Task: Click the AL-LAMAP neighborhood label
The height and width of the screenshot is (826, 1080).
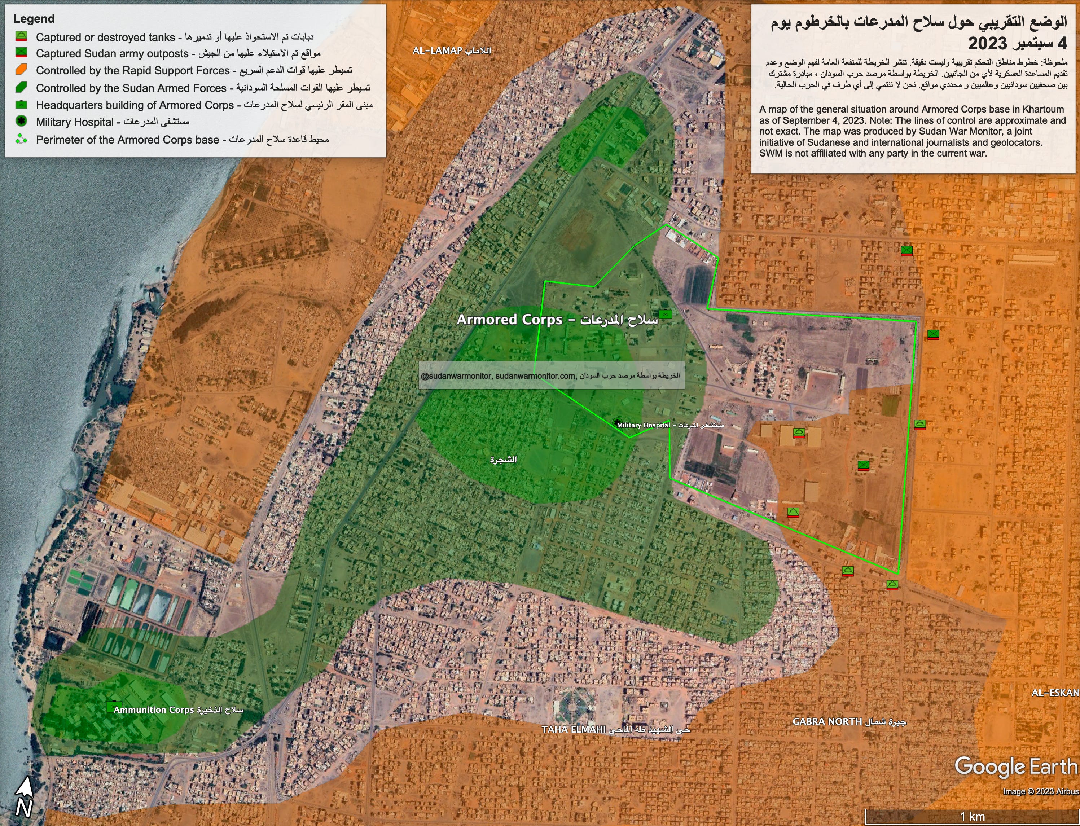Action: point(451,50)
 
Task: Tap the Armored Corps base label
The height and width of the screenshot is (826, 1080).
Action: point(557,320)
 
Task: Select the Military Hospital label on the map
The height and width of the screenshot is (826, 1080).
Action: point(669,425)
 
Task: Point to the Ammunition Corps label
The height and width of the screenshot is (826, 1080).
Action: point(178,710)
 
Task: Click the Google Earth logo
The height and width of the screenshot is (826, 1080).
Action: point(1015,767)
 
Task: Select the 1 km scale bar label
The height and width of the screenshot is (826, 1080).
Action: point(973,817)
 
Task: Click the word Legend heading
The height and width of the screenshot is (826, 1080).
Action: point(34,19)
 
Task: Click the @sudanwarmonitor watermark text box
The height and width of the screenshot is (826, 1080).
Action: point(551,375)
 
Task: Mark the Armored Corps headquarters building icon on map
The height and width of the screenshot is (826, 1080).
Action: point(665,314)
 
